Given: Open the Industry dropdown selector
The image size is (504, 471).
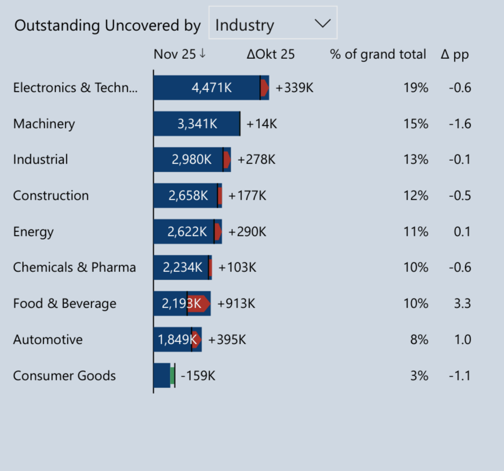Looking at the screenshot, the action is pos(273,23).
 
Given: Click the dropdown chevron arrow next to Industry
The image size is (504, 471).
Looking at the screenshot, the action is pos(322,23).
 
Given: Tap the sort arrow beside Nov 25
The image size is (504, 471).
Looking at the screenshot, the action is pos(203,53).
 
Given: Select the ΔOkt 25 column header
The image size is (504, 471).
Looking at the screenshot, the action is pos(271,54).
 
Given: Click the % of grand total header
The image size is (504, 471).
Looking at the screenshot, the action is pos(378,54).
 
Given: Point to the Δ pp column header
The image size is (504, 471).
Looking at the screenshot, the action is pos(454,54).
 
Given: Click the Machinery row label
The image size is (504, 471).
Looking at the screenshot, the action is pos(44,124).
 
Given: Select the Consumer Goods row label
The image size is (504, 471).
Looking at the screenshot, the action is pos(64,376).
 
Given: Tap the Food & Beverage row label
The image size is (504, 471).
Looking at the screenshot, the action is pos(65,304).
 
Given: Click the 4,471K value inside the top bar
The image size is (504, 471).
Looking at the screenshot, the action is pos(211,88).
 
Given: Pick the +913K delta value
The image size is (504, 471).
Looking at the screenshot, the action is pos(236,303).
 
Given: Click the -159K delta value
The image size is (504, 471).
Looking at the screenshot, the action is pos(198,376).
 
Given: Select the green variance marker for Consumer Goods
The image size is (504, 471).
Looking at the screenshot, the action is pos(172,376).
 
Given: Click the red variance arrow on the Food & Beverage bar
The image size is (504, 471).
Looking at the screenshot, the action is pos(199,303).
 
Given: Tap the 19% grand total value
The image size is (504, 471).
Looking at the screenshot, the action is pos(416,88).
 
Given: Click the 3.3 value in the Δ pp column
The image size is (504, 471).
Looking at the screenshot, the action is pos(462,303).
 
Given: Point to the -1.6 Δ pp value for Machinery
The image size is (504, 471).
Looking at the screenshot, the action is pos(460,124).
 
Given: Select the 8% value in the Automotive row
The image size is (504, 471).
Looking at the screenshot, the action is pos(419,339).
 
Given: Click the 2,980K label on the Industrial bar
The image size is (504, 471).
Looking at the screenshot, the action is pos(191,160).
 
